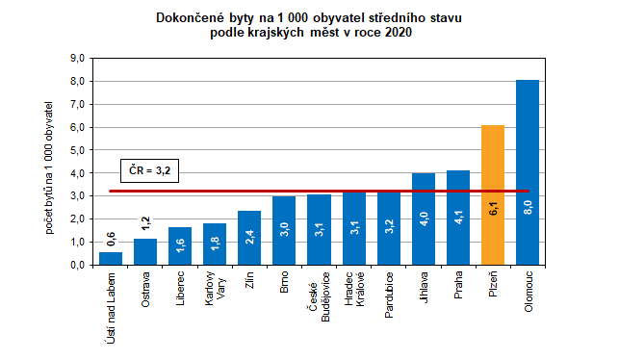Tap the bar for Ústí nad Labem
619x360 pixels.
pos(111,258)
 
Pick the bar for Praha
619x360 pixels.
pos(457,217)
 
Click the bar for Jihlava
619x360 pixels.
pos(423,219)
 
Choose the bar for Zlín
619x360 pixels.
pos(249,237)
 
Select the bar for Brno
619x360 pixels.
pos(284,230)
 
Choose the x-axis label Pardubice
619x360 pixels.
pos(388,295)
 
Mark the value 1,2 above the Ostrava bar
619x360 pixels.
pos(145,227)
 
